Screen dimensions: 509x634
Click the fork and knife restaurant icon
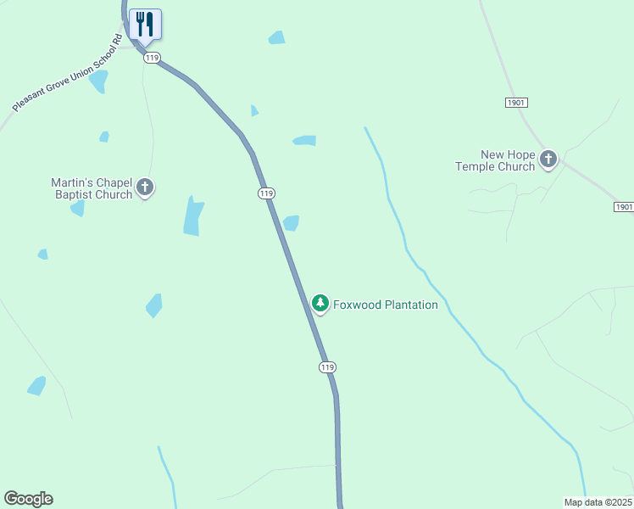[145, 24]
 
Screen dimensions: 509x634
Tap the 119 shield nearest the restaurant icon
[152, 57]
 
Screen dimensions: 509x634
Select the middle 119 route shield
[266, 193]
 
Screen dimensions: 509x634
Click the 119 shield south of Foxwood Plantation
[328, 366]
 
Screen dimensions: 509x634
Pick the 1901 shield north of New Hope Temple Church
[516, 102]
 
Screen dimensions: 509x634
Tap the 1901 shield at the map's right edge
[623, 207]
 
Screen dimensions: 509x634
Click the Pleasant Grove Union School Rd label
[68, 72]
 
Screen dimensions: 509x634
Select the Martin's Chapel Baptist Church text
[92, 188]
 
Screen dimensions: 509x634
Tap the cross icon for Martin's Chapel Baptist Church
[145, 187]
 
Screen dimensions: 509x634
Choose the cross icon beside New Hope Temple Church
[548, 158]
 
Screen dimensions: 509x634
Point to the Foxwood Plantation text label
[386, 305]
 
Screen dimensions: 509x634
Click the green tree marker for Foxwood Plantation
[320, 303]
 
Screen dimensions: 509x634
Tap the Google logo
[28, 499]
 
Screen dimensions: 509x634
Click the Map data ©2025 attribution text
[598, 502]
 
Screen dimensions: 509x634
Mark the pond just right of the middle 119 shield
[291, 223]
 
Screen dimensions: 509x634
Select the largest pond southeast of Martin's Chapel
[193, 215]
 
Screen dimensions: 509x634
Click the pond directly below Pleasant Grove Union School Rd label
[98, 81]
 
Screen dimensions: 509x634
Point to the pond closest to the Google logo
[36, 386]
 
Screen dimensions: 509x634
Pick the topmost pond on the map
[276, 37]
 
